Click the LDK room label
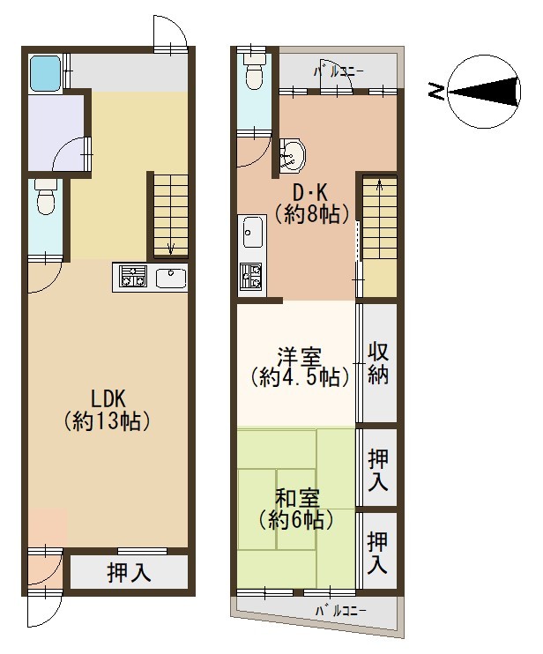coord(108,398)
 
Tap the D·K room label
coord(310,193)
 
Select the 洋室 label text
coord(300,358)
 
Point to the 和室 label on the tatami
coord(297,498)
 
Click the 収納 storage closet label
coord(378,363)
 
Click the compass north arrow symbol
coord(484,91)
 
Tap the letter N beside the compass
coord(436,91)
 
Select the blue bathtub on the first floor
coord(46,73)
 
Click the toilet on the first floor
coord(46,197)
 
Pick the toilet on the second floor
coord(254,72)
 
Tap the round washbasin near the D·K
coord(293,155)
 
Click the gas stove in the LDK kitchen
coord(133,276)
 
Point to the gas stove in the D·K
coord(250,277)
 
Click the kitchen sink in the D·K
coord(252,233)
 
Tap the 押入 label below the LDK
coord(129,572)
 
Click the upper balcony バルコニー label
coord(338,71)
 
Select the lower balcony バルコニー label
coord(341,612)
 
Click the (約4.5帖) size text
coord(301,377)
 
